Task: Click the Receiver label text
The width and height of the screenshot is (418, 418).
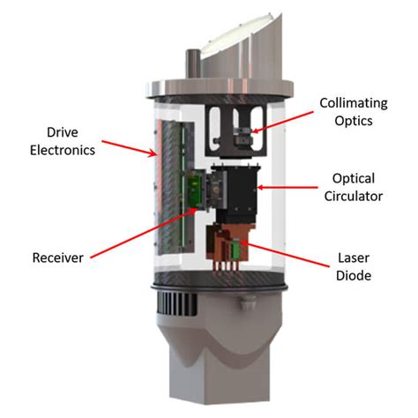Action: (59, 258)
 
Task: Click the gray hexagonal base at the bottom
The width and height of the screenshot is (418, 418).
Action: (212, 370)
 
